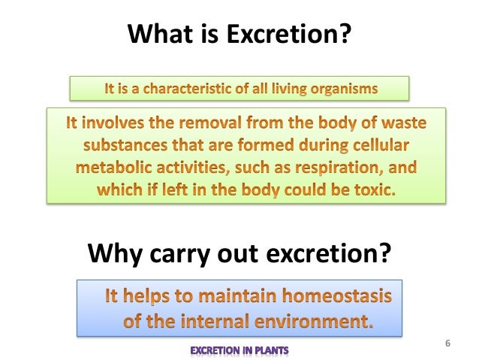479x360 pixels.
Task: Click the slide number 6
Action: click(448, 344)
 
